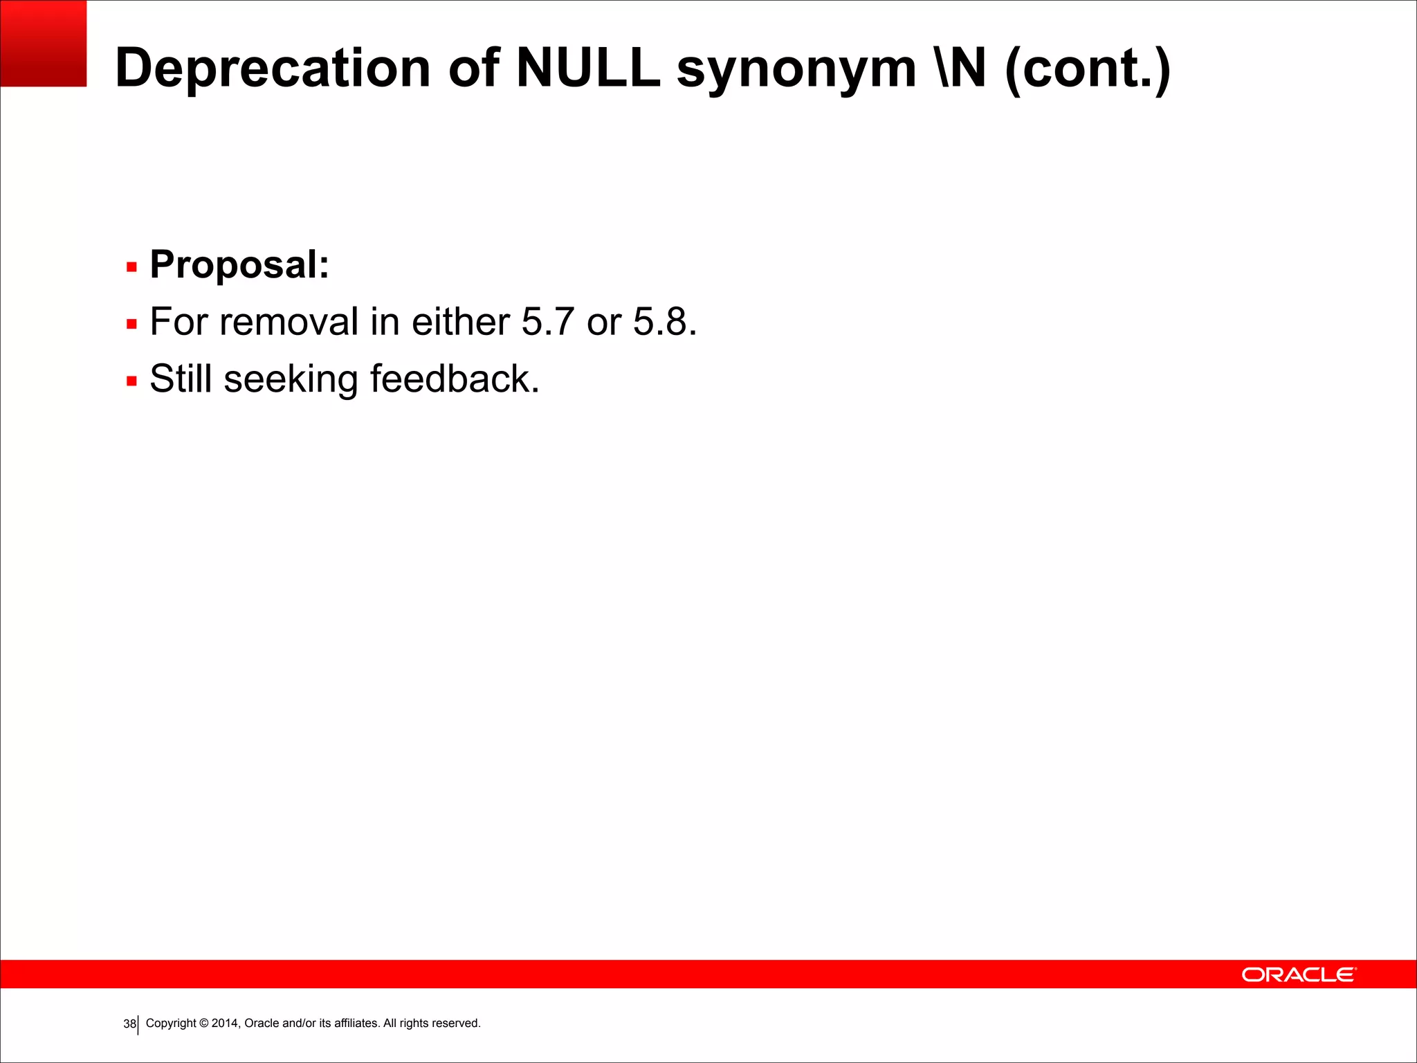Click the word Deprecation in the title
273,68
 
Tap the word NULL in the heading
587,68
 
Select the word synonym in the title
796,69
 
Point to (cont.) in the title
1087,69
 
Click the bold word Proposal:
239,265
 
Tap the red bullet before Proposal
131,267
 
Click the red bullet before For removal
131,324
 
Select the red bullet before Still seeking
131,381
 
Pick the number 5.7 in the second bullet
547,322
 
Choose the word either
460,322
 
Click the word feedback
454,379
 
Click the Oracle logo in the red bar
1299,974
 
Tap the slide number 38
129,1024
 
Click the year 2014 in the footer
225,1023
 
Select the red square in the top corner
43,43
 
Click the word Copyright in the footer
171,1023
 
